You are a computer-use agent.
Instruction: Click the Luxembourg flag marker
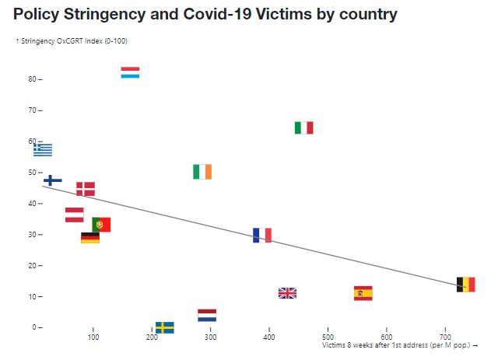(130, 72)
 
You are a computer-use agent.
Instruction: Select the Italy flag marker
(304, 128)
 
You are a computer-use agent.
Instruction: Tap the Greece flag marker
(43, 149)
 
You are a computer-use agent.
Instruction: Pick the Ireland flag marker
(202, 172)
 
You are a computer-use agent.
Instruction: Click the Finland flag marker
(53, 180)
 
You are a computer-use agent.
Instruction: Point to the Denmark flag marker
(86, 189)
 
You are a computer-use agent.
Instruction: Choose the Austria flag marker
(74, 215)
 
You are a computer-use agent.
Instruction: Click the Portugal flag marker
(101, 225)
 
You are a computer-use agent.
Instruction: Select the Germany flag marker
(90, 238)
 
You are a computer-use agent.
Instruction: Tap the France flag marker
(262, 235)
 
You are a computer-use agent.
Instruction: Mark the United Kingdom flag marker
(288, 293)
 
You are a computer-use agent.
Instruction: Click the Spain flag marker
(363, 293)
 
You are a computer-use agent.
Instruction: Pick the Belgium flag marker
(466, 285)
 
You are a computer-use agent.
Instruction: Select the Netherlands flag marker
(207, 316)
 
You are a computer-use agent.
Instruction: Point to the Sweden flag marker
(165, 327)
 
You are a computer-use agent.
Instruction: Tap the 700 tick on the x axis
(445, 337)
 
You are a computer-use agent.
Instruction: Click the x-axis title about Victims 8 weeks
(399, 344)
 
